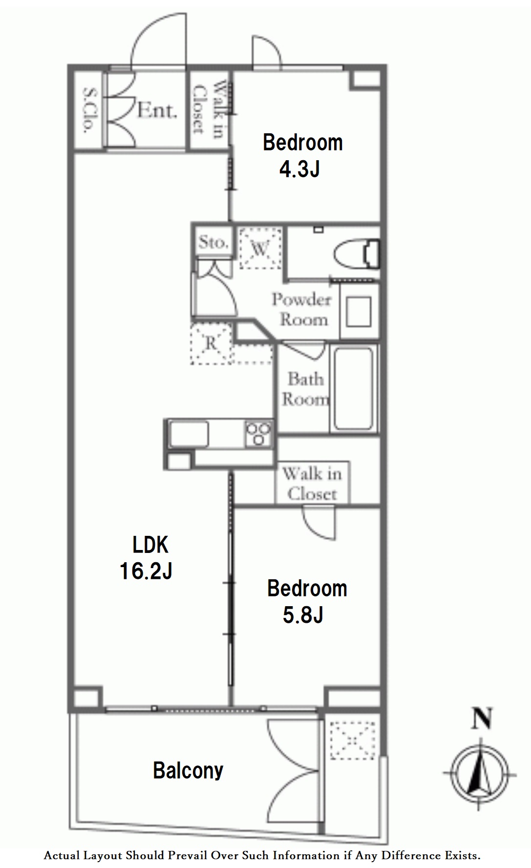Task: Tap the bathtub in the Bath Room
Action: pos(354,388)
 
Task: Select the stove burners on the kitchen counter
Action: pos(259,433)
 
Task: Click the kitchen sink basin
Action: pos(189,433)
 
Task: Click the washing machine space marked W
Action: pos(260,248)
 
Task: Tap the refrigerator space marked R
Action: pos(211,343)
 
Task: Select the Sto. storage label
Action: pos(213,242)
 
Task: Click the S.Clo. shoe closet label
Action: pos(88,110)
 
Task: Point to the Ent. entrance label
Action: pos(156,110)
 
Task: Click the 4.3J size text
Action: pos(299,169)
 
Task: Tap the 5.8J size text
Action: pos(303,615)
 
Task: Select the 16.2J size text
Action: pos(146,571)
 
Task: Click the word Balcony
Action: pos(188,771)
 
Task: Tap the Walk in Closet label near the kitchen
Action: pos(312,483)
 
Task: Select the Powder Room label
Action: pos(302,309)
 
